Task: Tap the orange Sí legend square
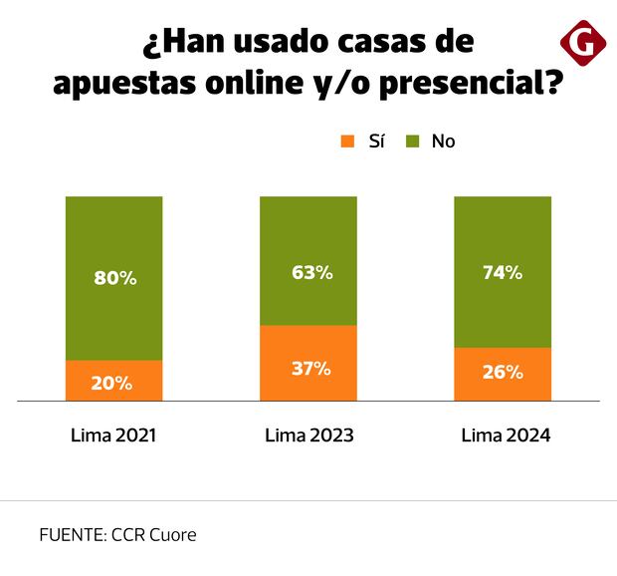pos(347,142)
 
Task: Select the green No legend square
pos(413,142)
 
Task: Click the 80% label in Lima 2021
pos(114,278)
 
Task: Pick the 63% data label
pos(309,271)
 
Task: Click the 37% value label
pos(309,368)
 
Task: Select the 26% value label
pos(502,373)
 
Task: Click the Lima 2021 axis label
pos(114,435)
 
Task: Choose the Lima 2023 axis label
pos(309,435)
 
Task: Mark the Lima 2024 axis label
pos(506,435)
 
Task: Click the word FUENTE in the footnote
pos(69,534)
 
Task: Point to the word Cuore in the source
pos(172,534)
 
